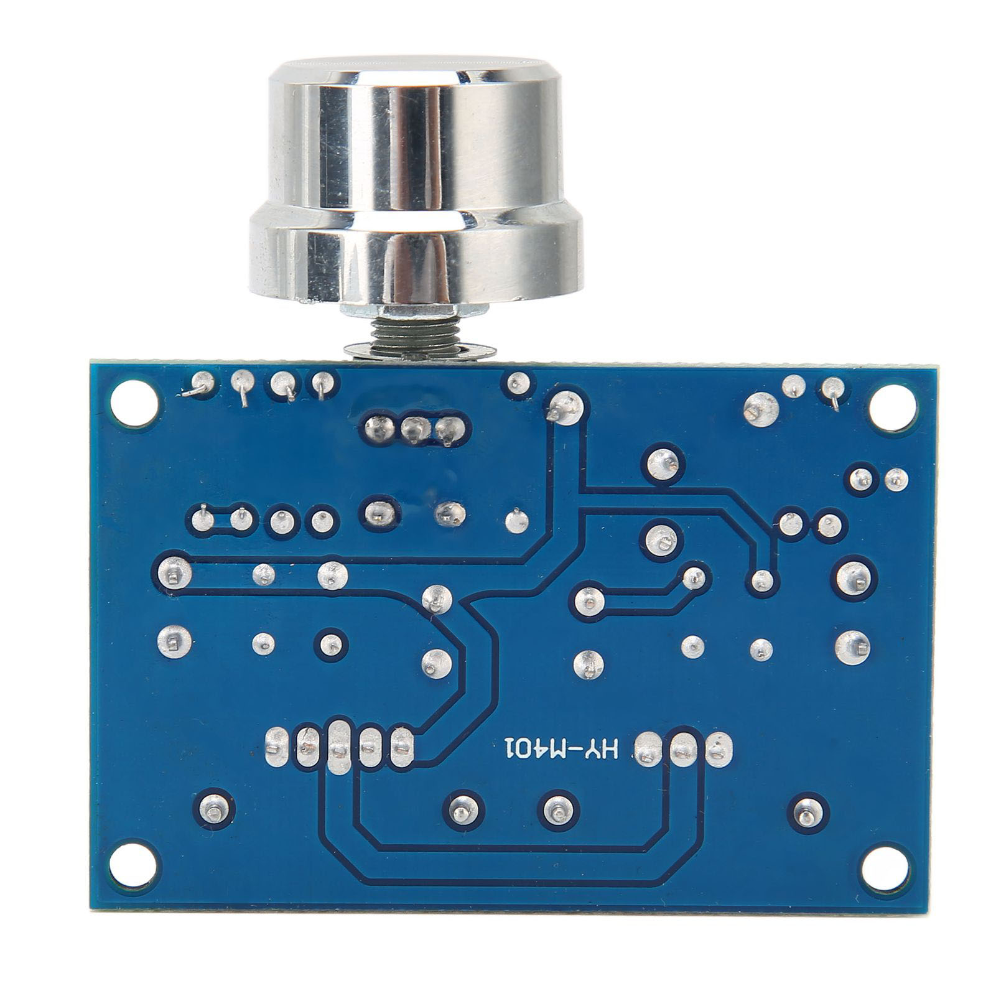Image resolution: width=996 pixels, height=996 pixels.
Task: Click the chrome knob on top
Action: click(x=416, y=180)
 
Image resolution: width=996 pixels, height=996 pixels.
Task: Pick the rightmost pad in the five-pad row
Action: click(x=403, y=747)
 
